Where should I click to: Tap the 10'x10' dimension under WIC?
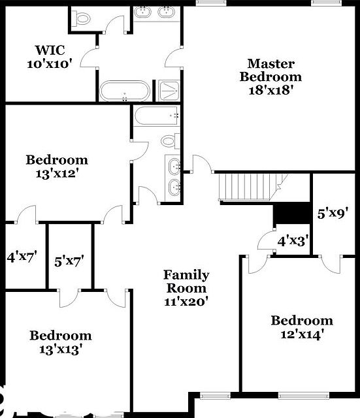pyautogui.click(x=50, y=64)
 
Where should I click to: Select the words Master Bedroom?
pyautogui.click(x=270, y=70)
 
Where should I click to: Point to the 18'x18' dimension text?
pyautogui.click(x=270, y=89)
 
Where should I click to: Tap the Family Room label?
pyautogui.click(x=186, y=281)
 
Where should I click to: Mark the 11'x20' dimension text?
pyautogui.click(x=186, y=302)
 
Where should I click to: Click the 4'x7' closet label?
pyautogui.click(x=22, y=257)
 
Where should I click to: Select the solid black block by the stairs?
pyautogui.click(x=291, y=214)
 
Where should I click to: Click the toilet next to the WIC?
pyautogui.click(x=82, y=18)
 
